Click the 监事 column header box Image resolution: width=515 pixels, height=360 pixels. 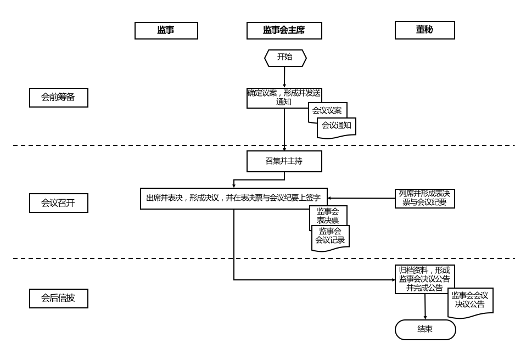click(166, 31)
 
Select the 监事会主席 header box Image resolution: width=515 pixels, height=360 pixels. click(284, 31)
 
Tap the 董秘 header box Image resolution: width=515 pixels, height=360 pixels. click(424, 30)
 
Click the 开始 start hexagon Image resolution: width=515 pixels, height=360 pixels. click(285, 58)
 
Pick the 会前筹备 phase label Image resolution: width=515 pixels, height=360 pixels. click(58, 98)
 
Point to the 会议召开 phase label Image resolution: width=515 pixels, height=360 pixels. click(58, 203)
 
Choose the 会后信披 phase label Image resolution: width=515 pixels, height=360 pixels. click(58, 299)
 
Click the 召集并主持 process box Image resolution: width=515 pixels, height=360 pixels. click(284, 161)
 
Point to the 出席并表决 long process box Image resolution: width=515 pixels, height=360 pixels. click(233, 198)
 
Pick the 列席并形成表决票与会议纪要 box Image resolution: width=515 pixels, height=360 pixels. click(424, 198)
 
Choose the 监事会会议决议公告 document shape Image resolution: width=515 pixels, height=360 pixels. click(470, 301)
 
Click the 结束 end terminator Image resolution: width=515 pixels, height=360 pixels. click(425, 329)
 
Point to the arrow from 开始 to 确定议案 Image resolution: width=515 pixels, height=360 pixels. click(284, 77)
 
